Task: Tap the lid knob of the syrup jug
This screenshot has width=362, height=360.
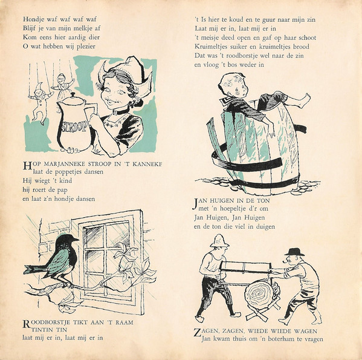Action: [73, 95]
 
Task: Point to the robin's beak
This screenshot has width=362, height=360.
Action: [76, 240]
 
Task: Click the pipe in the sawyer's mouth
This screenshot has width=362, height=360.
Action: [285, 261]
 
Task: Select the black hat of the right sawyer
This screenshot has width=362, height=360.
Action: [294, 252]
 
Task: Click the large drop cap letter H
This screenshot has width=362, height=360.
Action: [27, 166]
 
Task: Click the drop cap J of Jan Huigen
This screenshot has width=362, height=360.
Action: [195, 203]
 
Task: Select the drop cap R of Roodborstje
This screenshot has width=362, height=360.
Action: [27, 324]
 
